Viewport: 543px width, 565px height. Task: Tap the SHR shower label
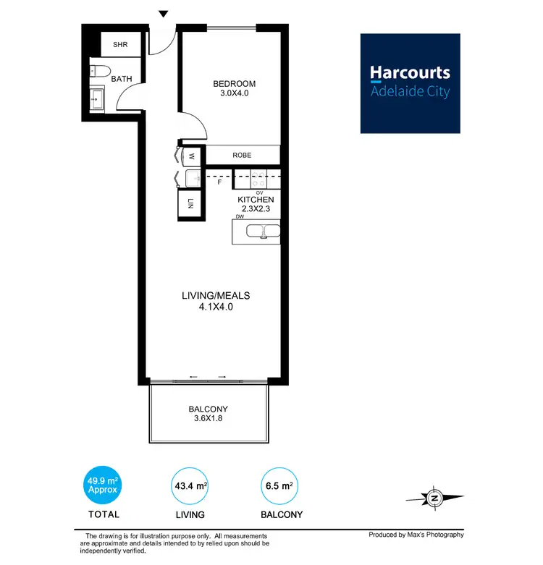point(120,44)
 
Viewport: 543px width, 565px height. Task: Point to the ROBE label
point(242,155)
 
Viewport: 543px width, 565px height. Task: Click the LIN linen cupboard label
point(191,203)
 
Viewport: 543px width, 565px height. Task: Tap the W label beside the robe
point(193,156)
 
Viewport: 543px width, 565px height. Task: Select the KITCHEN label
point(256,199)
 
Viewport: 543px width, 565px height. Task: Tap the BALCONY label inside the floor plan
point(208,409)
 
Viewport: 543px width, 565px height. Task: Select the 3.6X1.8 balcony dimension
point(208,420)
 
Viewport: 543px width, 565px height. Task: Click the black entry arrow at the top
point(164,14)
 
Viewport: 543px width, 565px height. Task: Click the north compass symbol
point(434,498)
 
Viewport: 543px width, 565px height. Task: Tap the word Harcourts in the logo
point(410,72)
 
